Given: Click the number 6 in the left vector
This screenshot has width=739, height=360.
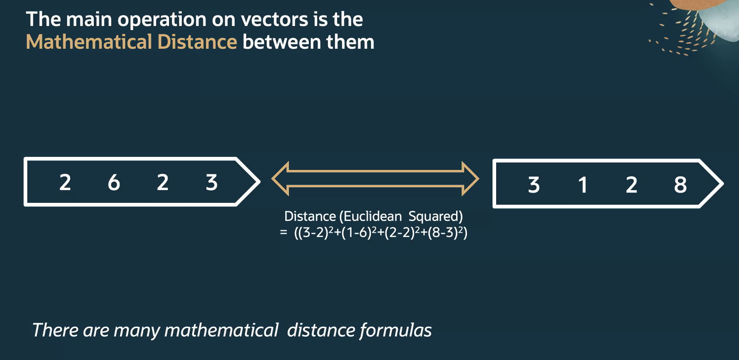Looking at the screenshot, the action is (114, 182).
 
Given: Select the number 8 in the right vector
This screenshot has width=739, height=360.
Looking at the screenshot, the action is (680, 185).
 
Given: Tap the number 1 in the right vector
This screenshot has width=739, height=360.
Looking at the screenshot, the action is (583, 185).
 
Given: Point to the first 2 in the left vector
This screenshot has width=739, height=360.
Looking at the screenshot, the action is (65, 182).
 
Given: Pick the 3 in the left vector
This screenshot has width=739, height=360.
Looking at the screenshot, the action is (211, 182).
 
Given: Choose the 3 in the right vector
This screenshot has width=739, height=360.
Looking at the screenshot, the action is (534, 185).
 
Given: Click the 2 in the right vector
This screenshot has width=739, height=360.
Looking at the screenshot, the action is (631, 185).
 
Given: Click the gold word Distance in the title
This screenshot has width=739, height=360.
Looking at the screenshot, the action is (197, 42).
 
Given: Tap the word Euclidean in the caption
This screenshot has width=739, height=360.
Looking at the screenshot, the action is (373, 216).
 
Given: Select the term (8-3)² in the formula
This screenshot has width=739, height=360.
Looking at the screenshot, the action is (445, 232).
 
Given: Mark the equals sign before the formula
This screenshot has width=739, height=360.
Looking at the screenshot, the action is (283, 232).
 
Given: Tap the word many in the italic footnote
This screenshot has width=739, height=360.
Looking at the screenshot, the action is (137, 331).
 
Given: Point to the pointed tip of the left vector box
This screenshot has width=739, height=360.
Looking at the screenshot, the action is (260, 181).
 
